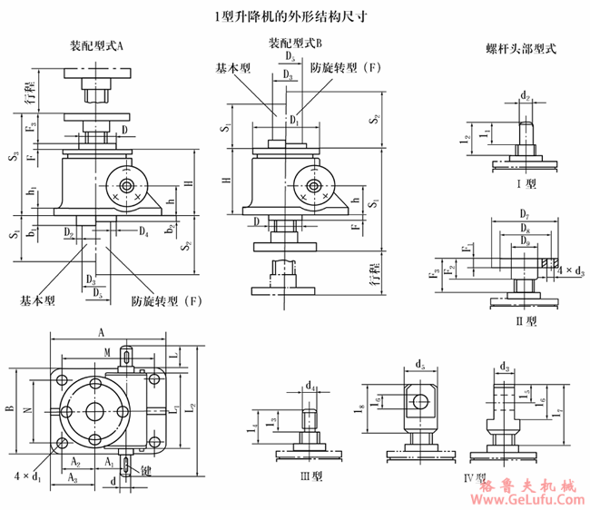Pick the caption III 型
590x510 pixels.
click(x=311, y=476)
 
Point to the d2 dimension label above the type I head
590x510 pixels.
click(x=526, y=95)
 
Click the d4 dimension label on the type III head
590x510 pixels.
click(x=311, y=386)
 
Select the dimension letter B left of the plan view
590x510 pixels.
click(x=10, y=409)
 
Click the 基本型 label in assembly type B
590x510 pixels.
click(x=233, y=68)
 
